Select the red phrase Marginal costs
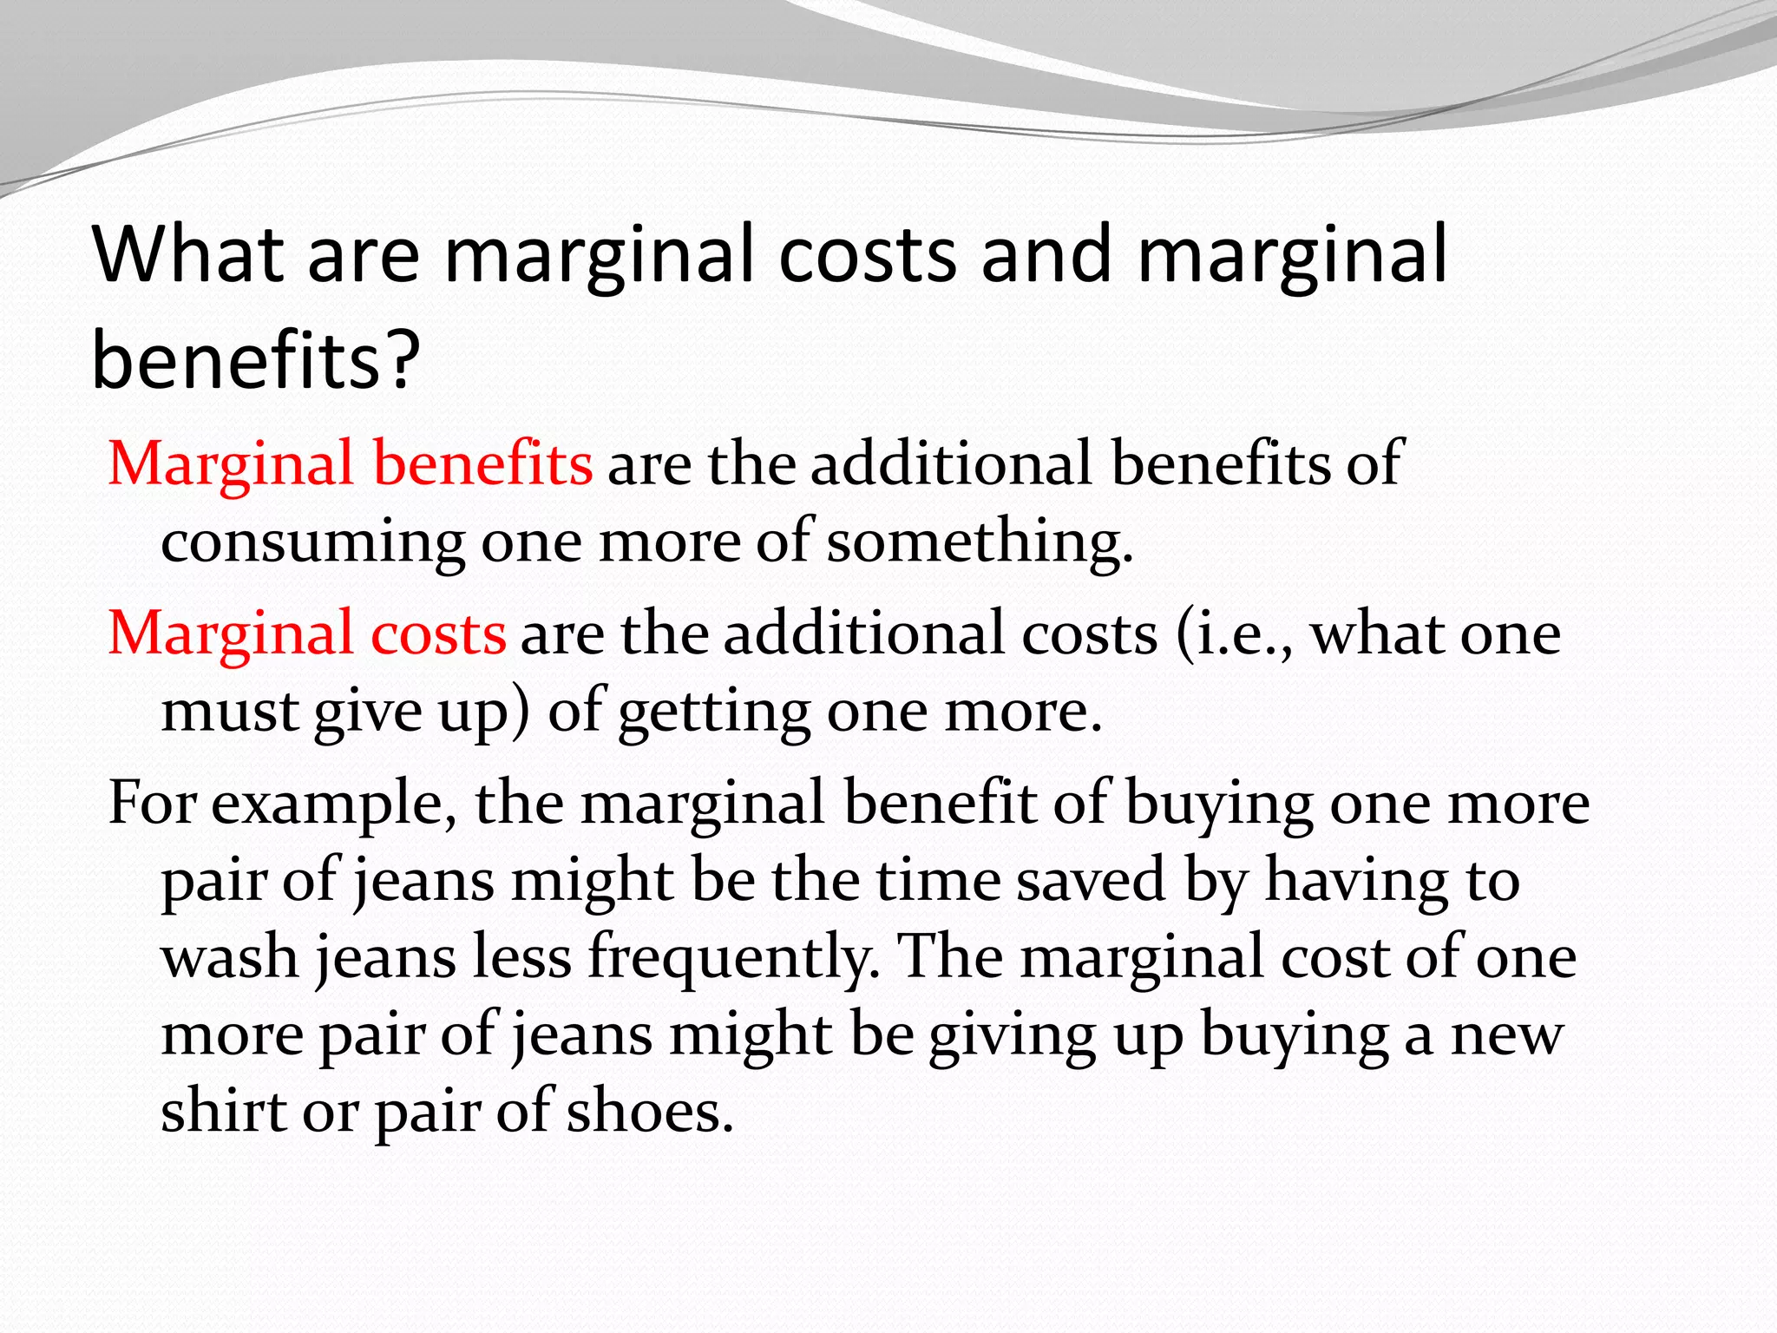(306, 633)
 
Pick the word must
(230, 711)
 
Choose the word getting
(714, 711)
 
